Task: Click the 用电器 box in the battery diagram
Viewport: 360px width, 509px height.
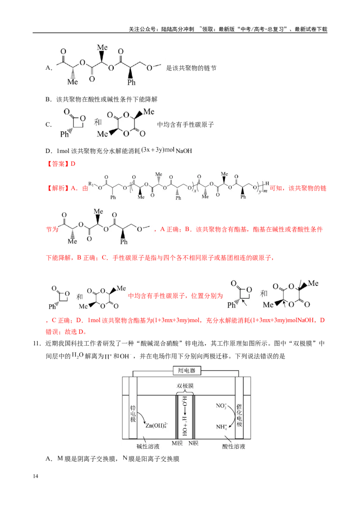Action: pos(186,371)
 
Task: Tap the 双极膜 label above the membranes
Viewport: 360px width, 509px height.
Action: pos(185,386)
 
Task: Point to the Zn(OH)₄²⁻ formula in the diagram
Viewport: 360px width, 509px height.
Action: pos(157,425)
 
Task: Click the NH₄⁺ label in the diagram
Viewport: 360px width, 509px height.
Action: pos(221,427)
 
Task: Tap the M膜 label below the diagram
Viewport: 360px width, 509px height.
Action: pos(177,443)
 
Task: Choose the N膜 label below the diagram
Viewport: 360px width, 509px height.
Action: pos(193,443)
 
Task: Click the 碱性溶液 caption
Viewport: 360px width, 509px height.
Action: pos(148,446)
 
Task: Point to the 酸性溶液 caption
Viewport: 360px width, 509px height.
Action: pos(234,446)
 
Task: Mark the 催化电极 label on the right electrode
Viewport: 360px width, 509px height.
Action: pos(239,415)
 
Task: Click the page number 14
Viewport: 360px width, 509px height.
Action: pos(36,476)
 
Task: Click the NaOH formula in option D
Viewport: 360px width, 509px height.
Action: pos(184,151)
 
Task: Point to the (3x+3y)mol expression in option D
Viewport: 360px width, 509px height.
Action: pos(158,150)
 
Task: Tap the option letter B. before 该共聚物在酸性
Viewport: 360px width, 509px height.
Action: pos(49,99)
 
